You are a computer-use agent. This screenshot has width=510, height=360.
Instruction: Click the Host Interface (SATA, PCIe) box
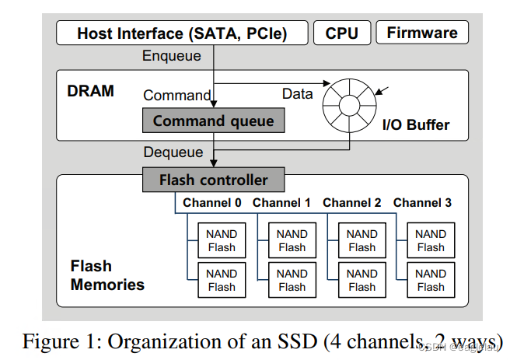pyautogui.click(x=181, y=33)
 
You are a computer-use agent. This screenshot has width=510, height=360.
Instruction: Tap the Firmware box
pyautogui.click(x=421, y=33)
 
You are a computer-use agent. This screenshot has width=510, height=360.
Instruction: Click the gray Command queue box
pyautogui.click(x=213, y=121)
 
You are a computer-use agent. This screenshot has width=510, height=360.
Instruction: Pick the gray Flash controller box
pyautogui.click(x=213, y=180)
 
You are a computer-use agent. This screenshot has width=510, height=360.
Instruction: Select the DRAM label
pyautogui.click(x=90, y=91)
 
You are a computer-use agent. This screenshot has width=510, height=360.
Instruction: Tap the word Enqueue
pyautogui.click(x=172, y=56)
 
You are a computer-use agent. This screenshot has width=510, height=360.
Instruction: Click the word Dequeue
pyautogui.click(x=173, y=152)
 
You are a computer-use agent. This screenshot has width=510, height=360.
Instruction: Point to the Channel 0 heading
pyautogui.click(x=211, y=203)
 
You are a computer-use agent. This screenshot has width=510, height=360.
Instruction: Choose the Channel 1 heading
pyautogui.click(x=281, y=203)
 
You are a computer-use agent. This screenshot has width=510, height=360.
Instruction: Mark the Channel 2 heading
pyautogui.click(x=351, y=203)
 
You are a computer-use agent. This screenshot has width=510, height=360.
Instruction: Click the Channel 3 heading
pyautogui.click(x=422, y=203)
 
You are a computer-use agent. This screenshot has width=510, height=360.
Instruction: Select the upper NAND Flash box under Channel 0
pyautogui.click(x=222, y=240)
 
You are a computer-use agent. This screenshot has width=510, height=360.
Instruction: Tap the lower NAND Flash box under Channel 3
pyautogui.click(x=431, y=280)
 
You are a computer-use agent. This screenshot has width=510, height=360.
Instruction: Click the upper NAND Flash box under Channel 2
pyautogui.click(x=362, y=240)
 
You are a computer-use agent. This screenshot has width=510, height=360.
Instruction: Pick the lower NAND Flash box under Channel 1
pyautogui.click(x=292, y=280)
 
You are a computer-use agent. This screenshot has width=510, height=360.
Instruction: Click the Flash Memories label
pyautogui.click(x=107, y=275)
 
